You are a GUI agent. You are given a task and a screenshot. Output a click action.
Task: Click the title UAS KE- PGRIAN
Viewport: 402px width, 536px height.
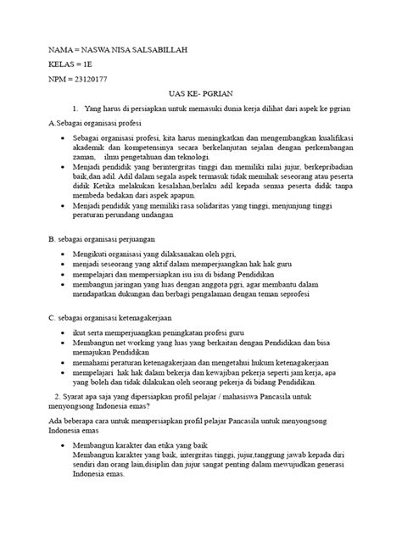coord(201,96)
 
